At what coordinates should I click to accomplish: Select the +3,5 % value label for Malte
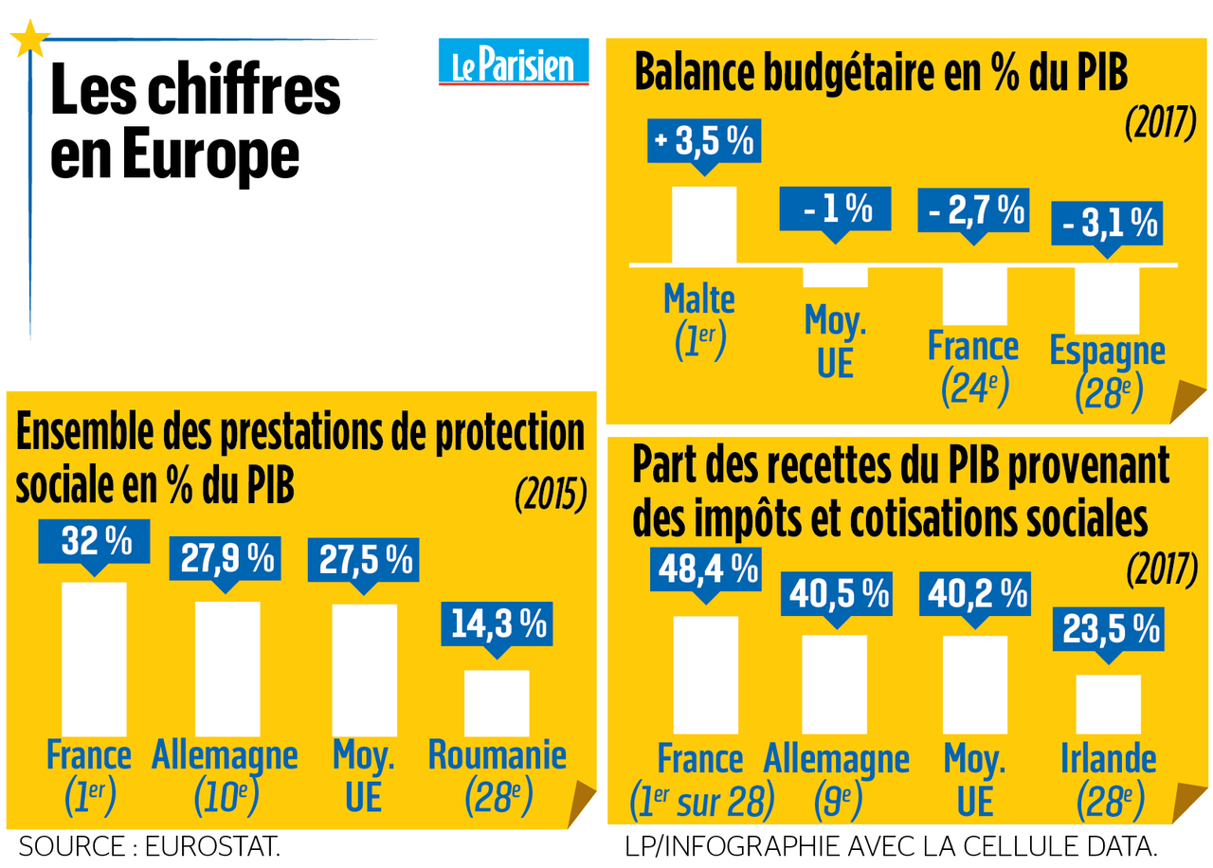(x=702, y=142)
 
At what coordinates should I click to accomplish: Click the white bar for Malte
(x=703, y=225)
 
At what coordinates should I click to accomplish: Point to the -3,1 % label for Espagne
(x=1107, y=224)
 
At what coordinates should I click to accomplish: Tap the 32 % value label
(x=96, y=541)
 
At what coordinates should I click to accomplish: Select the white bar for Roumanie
(x=497, y=702)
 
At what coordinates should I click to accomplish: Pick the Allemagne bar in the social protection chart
(x=227, y=668)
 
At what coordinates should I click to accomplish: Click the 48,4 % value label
(x=706, y=570)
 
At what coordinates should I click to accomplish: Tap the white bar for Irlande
(x=1108, y=703)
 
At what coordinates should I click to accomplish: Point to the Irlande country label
(x=1109, y=759)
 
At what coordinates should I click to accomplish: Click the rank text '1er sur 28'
(x=701, y=804)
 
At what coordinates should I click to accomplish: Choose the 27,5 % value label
(x=364, y=558)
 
